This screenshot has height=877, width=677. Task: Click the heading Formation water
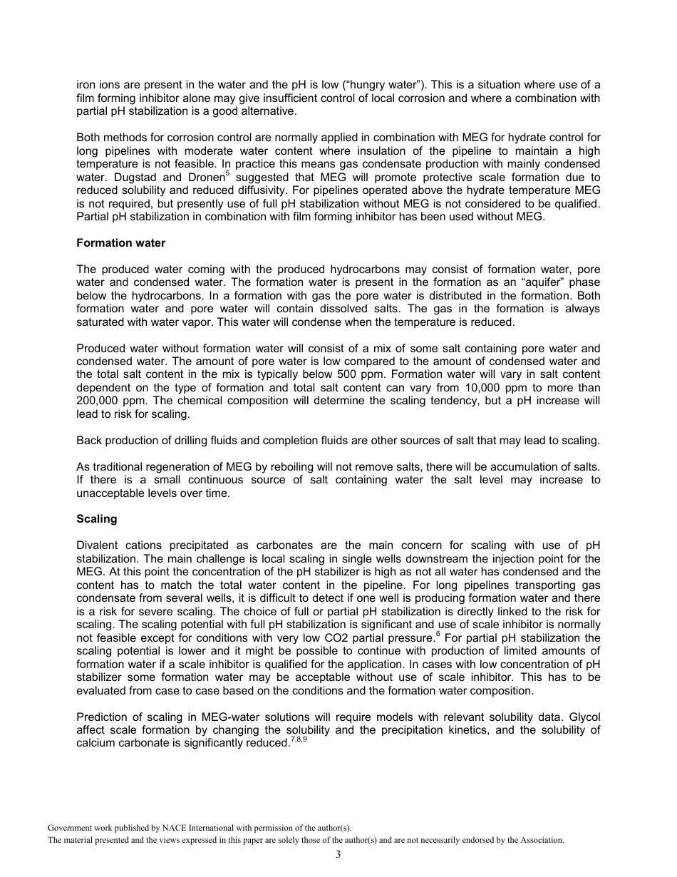(x=120, y=243)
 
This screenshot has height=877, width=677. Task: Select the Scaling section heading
(x=96, y=519)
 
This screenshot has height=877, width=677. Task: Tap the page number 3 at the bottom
(x=338, y=855)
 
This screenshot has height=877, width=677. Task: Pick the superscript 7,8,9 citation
(x=299, y=739)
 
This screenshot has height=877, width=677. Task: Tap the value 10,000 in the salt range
(x=487, y=388)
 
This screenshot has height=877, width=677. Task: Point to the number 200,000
(x=99, y=401)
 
